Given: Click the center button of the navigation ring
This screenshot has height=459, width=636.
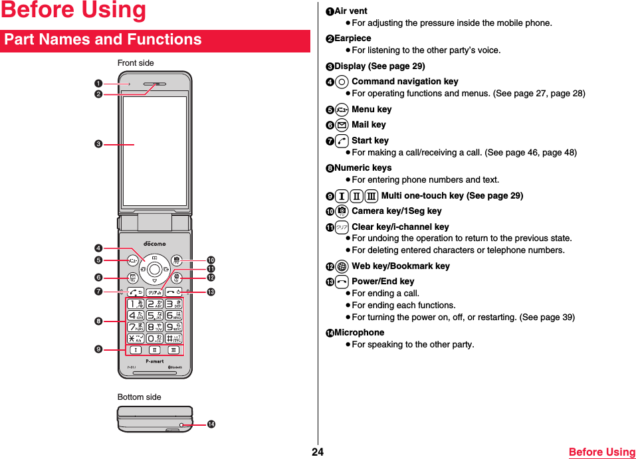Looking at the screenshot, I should pos(154,268).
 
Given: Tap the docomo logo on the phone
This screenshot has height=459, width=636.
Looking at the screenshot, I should pos(155,244).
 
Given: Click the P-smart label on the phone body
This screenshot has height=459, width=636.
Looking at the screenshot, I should pos(154,361).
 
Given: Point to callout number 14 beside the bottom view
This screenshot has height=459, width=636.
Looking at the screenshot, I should pos(211,424).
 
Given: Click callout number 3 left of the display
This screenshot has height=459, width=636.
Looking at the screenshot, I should pos(98,144).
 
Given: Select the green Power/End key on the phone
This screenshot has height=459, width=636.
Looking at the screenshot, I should pos(174,292).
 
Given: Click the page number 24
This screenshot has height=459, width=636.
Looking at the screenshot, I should pos(318,452).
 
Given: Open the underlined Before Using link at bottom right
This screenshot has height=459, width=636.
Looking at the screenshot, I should pos(601,452).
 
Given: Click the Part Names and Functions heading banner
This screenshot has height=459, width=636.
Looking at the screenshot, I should pos(155,40).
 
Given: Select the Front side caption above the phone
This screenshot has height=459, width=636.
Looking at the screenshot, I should pos(136,63).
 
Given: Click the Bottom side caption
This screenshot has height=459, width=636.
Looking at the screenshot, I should pos(139,397).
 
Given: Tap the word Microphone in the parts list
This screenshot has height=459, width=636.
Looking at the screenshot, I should pos(359,332).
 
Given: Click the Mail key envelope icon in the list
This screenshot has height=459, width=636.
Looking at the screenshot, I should pos(342,125).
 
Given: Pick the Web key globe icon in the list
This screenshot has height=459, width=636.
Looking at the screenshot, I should pos(342,266).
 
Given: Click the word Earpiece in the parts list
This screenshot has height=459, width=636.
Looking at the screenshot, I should pos(352,39).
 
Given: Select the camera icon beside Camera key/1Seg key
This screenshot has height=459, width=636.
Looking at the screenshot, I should pos(342,211).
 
